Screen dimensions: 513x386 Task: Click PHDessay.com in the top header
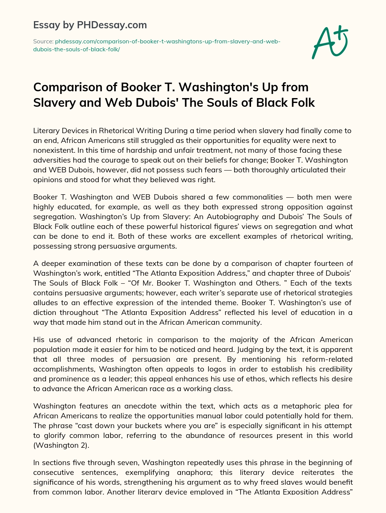[112, 25]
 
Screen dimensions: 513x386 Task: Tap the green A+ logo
[329, 42]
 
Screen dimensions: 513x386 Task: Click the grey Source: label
[43, 41]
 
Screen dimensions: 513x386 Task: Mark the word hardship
[112, 150]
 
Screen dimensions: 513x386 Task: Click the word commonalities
[257, 197]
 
